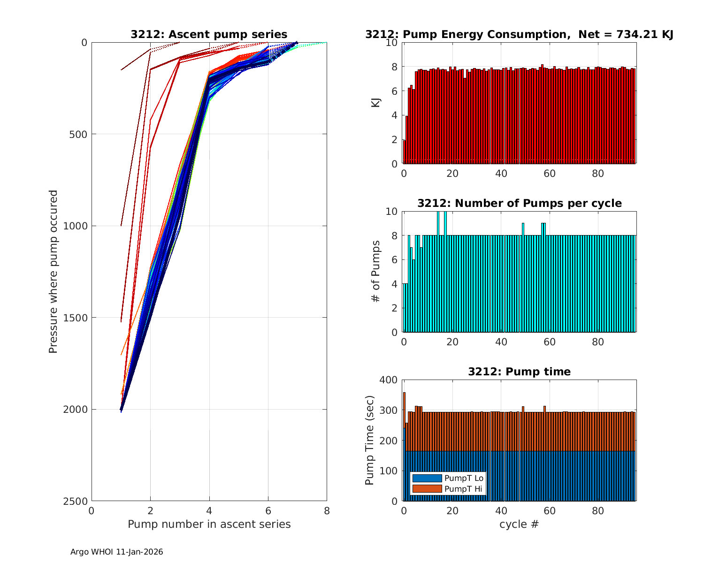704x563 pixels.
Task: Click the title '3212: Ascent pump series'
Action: tap(209, 34)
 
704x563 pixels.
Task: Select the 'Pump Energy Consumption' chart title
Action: tap(519, 34)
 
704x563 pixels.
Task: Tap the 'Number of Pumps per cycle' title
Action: tap(519, 203)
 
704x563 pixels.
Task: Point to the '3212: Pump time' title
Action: tap(519, 372)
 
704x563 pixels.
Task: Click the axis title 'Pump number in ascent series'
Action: tap(209, 524)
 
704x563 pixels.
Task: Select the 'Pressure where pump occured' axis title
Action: tap(54, 271)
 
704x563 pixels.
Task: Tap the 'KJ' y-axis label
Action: tap(376, 102)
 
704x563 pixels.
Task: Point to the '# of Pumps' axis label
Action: tap(376, 271)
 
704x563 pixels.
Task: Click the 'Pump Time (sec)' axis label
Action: tap(370, 440)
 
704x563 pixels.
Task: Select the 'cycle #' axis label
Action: tap(519, 524)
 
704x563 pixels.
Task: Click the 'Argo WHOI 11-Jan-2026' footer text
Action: tap(117, 552)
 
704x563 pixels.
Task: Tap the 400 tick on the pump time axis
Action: tap(389, 380)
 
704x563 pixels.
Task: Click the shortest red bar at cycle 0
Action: tap(404, 152)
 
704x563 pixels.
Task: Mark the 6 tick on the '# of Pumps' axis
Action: tap(393, 260)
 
